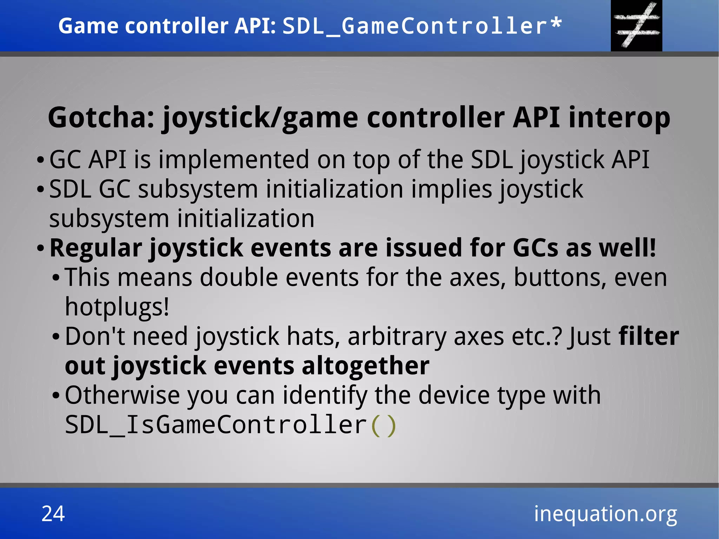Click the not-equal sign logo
[x=636, y=25]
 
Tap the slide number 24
[x=53, y=514]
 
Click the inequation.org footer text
[x=605, y=514]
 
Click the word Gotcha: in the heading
[x=101, y=118]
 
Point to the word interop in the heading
[x=619, y=118]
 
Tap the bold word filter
[x=648, y=336]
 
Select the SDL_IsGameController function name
[x=216, y=425]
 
